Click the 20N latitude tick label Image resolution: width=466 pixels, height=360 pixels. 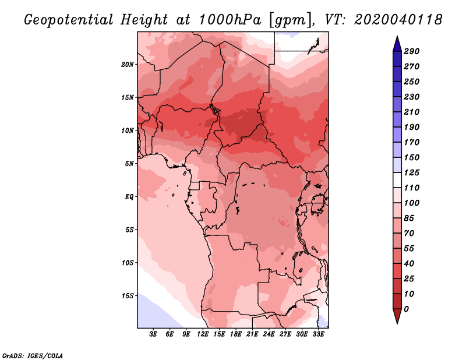pos(127,65)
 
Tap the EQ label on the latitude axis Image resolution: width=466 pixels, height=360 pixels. pos(129,197)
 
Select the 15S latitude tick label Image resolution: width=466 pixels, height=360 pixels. pos(128,296)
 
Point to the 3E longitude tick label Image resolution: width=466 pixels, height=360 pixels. pos(153,334)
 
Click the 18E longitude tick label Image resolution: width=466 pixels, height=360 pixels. pos(236,334)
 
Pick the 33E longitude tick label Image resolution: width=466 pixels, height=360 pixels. pos(318,334)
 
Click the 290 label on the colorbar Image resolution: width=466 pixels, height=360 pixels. pos(411,51)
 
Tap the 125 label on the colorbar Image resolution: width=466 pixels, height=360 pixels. pos(411,172)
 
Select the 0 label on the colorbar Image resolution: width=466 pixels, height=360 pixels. pos(406,309)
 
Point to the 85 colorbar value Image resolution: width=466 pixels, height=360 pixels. pos(409,218)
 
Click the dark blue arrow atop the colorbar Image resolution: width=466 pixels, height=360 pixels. pos(397,44)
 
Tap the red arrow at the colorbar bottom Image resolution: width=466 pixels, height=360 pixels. pos(397,316)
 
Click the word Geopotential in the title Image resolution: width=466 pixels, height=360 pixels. pos(69,20)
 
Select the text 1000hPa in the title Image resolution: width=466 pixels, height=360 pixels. pos(230,20)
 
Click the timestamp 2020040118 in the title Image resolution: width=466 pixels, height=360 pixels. pos(398,20)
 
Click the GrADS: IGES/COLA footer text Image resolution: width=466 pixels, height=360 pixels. pos(33,356)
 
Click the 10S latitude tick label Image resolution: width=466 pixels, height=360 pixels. pos(128,263)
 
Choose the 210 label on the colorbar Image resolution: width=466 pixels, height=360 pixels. pos(411,112)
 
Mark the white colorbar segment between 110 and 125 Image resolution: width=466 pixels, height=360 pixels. pos(397,180)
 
